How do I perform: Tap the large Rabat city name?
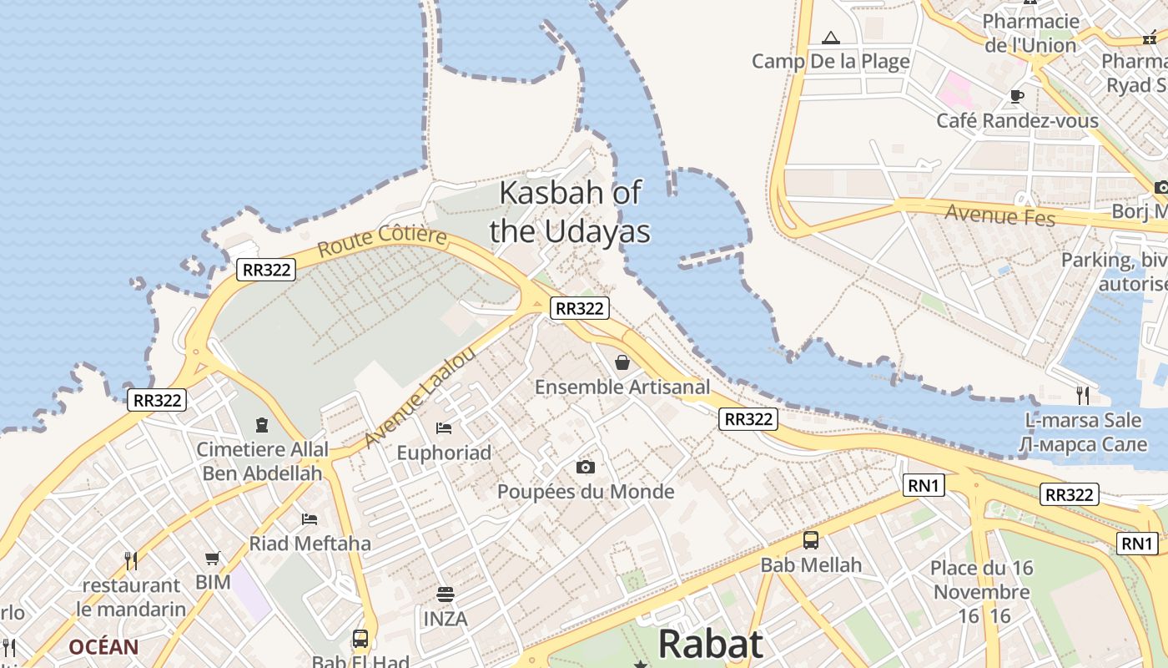[710, 645]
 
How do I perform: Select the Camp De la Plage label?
[830, 61]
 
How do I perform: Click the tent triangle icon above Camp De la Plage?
[830, 38]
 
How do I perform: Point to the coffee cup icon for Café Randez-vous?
[1017, 96]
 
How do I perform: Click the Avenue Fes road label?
[1000, 215]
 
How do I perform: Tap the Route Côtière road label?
[382, 240]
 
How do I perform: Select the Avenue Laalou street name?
[420, 397]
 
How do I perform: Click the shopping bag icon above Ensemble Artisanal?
[622, 362]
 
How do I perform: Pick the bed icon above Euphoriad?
[444, 428]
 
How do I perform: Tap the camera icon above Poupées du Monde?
[586, 467]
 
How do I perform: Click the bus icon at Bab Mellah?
[810, 540]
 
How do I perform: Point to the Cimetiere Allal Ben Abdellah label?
[262, 461]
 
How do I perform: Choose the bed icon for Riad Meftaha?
[310, 519]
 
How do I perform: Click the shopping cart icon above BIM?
[213, 558]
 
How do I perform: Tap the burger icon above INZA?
[446, 595]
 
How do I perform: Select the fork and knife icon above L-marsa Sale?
[1083, 394]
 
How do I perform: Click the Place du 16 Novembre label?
[982, 580]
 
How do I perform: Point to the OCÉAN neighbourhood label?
[103, 647]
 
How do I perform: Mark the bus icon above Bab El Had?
[360, 639]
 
